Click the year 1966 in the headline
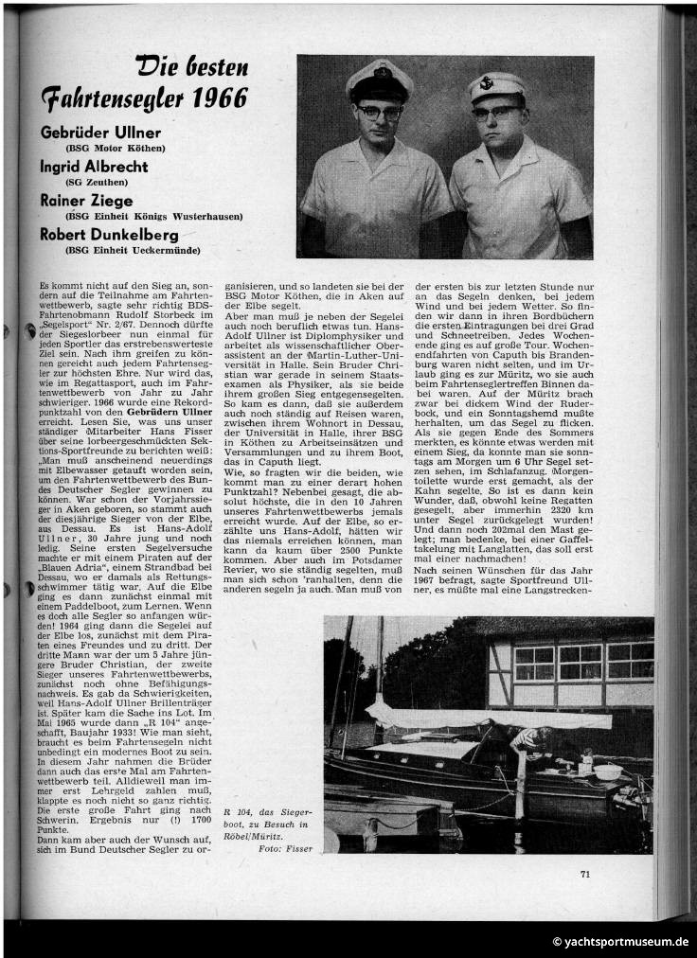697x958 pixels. tap(221, 98)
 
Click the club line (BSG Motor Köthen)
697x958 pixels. tap(115, 149)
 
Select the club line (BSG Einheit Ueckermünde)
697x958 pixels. tap(133, 249)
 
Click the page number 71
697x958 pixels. tap(585, 874)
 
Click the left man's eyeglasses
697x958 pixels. tap(380, 112)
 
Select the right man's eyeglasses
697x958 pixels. tap(497, 113)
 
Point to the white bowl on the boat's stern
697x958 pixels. tap(608, 772)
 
